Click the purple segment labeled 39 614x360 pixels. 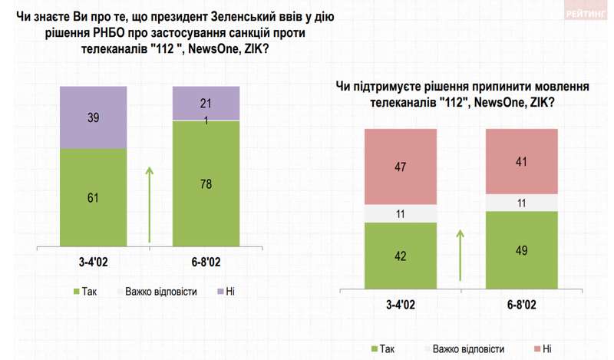pyautogui.click(x=94, y=117)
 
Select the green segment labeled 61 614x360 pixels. pyautogui.click(x=94, y=197)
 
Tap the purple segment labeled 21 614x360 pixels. pyautogui.click(x=206, y=103)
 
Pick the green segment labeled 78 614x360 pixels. pyautogui.click(x=206, y=184)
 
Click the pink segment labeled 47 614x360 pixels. pyautogui.click(x=399, y=166)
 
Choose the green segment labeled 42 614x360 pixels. pyautogui.click(x=399, y=256)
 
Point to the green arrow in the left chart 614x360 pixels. pyautogui.click(x=150, y=203)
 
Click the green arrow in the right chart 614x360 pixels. pyautogui.click(x=460, y=256)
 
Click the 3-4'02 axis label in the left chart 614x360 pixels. pyautogui.click(x=94, y=263)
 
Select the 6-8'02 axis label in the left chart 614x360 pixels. pyautogui.click(x=206, y=263)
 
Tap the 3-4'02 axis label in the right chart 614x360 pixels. pyautogui.click(x=399, y=305)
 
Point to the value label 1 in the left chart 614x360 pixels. pyautogui.click(x=205, y=119)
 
